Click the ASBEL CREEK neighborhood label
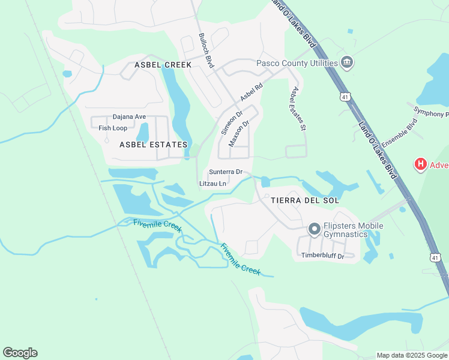coord(163,65)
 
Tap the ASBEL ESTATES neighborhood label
coord(154,145)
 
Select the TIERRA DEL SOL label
coord(305,200)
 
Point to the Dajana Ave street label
coord(130,117)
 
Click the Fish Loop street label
coord(113,128)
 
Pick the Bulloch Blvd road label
coord(206,53)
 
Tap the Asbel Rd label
coord(252,92)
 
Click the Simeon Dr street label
coord(231,122)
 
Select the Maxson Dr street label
coord(238,133)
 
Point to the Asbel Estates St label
coord(298,109)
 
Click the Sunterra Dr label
coord(226,172)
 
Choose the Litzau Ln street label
coord(213,183)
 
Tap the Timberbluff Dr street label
coord(322,256)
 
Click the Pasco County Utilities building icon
coord(346,62)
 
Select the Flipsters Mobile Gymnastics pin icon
coord(314,229)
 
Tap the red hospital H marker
coord(421,164)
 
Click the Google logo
coord(20,353)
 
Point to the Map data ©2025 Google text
coord(412,355)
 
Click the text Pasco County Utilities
coord(296,62)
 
